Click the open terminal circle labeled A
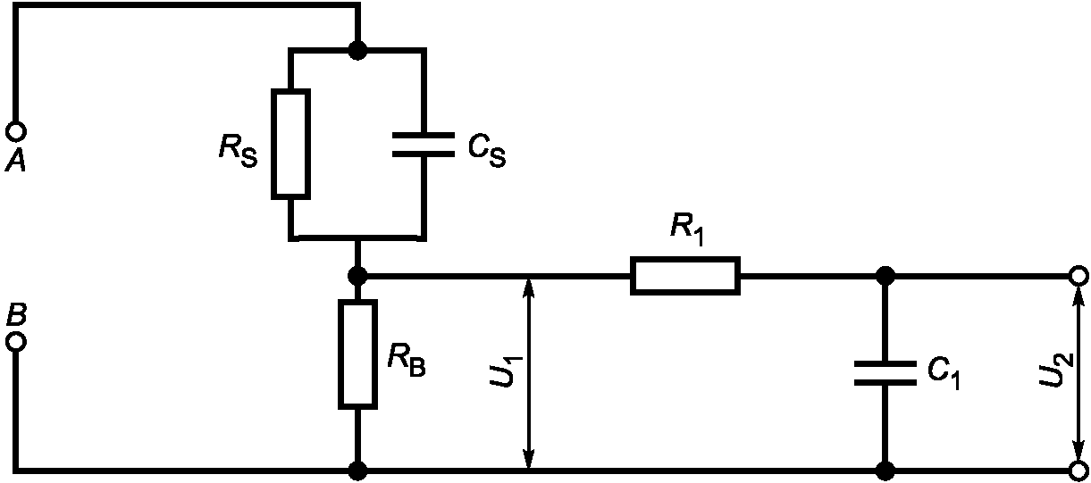(16, 131)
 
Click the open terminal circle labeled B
(16, 341)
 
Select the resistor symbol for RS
(290, 144)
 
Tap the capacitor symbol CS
(424, 145)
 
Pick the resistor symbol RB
(358, 354)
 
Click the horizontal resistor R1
(685, 276)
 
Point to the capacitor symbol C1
(885, 373)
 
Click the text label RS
(238, 151)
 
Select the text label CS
(487, 151)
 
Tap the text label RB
(407, 361)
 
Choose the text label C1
(944, 373)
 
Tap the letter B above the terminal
(16, 314)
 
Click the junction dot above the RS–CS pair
(358, 50)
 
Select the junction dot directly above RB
(358, 276)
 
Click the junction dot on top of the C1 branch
(885, 276)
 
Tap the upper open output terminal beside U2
(1078, 276)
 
